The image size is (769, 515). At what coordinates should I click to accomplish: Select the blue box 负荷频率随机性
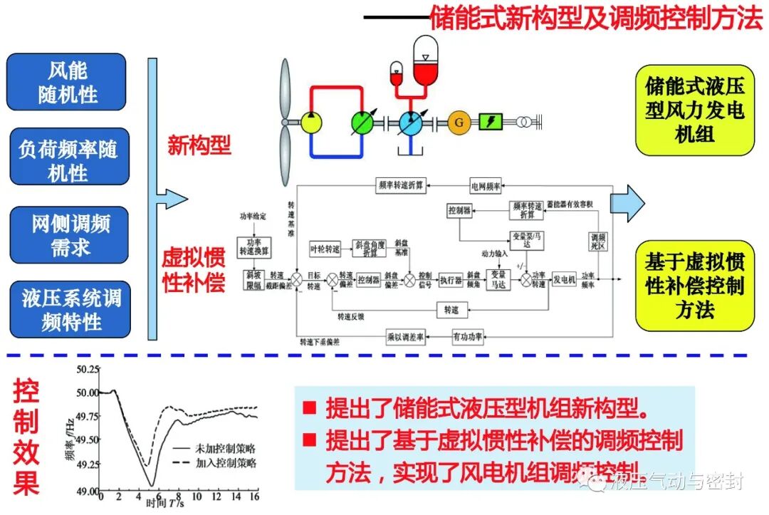(69, 161)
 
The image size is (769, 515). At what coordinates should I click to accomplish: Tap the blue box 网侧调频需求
(70, 236)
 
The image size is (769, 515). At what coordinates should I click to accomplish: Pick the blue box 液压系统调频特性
(70, 311)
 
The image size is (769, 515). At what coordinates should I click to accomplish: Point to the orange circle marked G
(459, 122)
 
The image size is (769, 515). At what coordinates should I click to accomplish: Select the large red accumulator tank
(425, 58)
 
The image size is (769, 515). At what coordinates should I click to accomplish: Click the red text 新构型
(199, 146)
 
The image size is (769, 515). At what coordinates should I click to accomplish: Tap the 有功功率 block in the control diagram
(467, 335)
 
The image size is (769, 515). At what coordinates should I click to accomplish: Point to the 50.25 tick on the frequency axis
(89, 369)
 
